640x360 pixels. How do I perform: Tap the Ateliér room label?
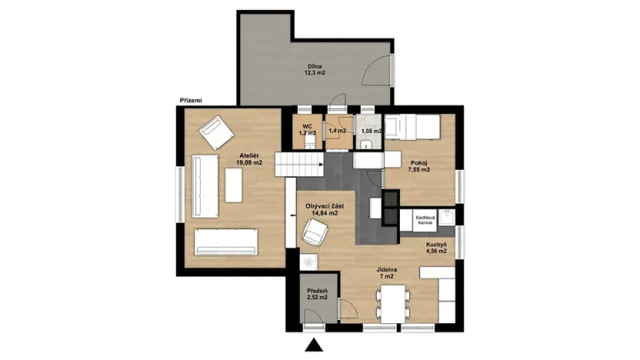249,159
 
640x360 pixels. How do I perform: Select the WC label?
307,129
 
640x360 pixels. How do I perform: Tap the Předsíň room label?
317,293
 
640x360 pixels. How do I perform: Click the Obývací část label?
325,209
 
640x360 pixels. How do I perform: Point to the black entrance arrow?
313,346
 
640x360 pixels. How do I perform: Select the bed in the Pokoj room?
412,126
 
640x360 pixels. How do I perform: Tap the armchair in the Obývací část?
315,231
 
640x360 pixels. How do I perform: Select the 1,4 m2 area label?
338,131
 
